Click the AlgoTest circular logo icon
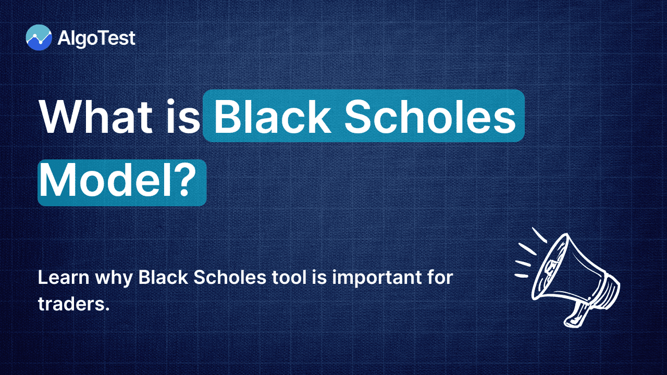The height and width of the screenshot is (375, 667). click(x=39, y=37)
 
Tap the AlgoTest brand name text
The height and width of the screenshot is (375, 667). click(x=97, y=38)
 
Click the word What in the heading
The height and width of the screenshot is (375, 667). click(x=93, y=117)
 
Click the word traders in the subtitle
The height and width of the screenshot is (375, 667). click(x=70, y=305)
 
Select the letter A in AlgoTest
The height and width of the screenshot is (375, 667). click(x=64, y=38)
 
